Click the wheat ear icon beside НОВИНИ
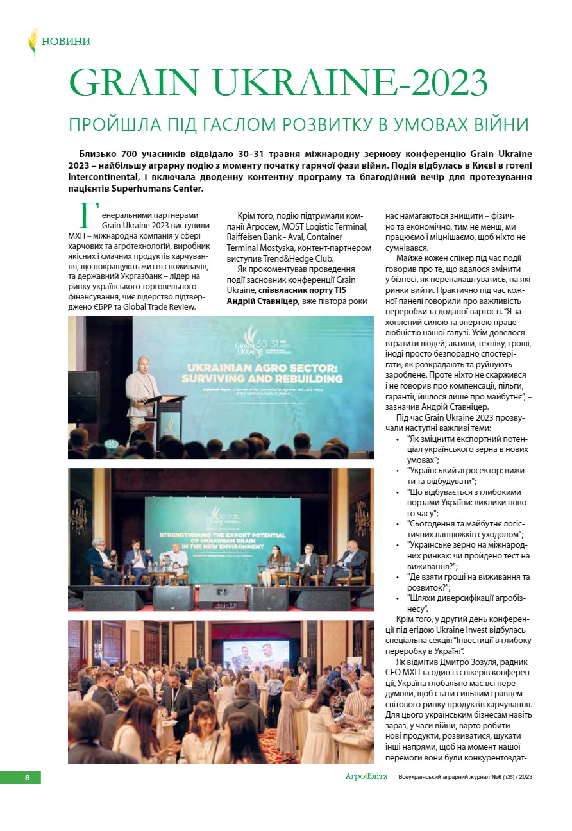(33, 42)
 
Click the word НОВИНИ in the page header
(66, 42)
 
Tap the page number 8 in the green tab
(27, 777)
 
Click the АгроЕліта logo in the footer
(366, 776)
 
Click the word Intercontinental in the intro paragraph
(104, 176)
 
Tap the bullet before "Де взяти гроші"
(398, 576)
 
